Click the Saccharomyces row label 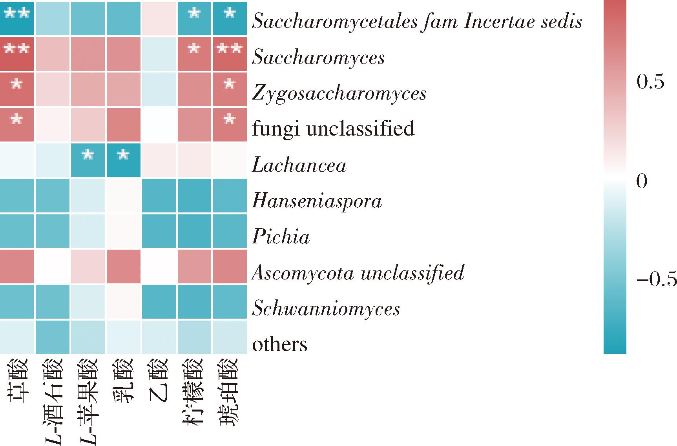318,58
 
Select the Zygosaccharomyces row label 339,93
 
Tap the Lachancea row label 299,165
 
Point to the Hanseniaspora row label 317,201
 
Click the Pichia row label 281,236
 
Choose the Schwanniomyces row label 326,308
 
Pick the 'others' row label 279,344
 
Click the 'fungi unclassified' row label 333,129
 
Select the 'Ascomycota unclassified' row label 358,272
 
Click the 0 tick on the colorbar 641,181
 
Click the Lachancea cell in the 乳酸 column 123,161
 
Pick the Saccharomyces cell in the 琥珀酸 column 230,54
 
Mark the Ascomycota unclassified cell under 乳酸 123,266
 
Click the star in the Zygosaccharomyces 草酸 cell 16,84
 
